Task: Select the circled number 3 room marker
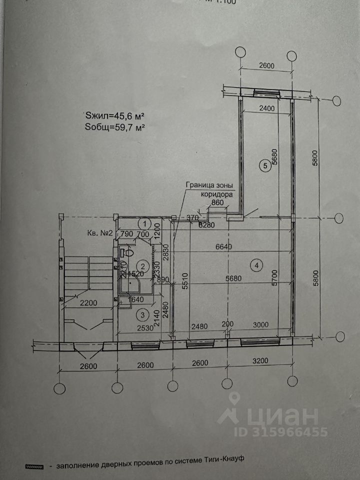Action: (x=143, y=314)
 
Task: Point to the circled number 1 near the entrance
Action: (x=145, y=223)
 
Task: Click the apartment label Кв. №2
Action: (x=98, y=233)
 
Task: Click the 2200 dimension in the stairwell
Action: (x=83, y=302)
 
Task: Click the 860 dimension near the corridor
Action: (x=216, y=203)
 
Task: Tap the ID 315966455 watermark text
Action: (x=273, y=431)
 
